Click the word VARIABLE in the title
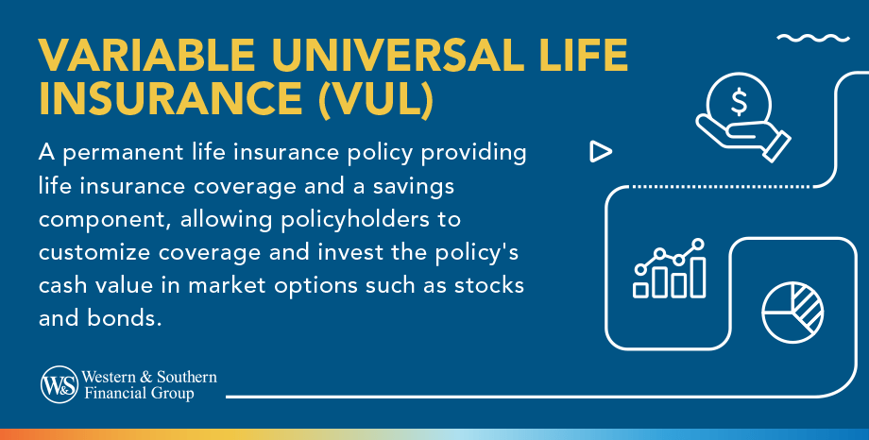point(147,55)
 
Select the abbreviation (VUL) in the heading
point(376,100)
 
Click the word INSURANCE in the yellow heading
point(171,100)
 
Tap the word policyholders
point(355,220)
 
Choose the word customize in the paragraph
point(94,253)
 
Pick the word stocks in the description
point(489,285)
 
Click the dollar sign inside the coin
point(739,101)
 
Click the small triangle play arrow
point(600,151)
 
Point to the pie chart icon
point(792,312)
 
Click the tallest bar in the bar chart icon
point(697,277)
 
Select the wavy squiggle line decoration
point(813,38)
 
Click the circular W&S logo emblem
point(60,384)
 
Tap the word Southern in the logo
point(187,377)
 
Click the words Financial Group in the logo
point(139,394)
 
